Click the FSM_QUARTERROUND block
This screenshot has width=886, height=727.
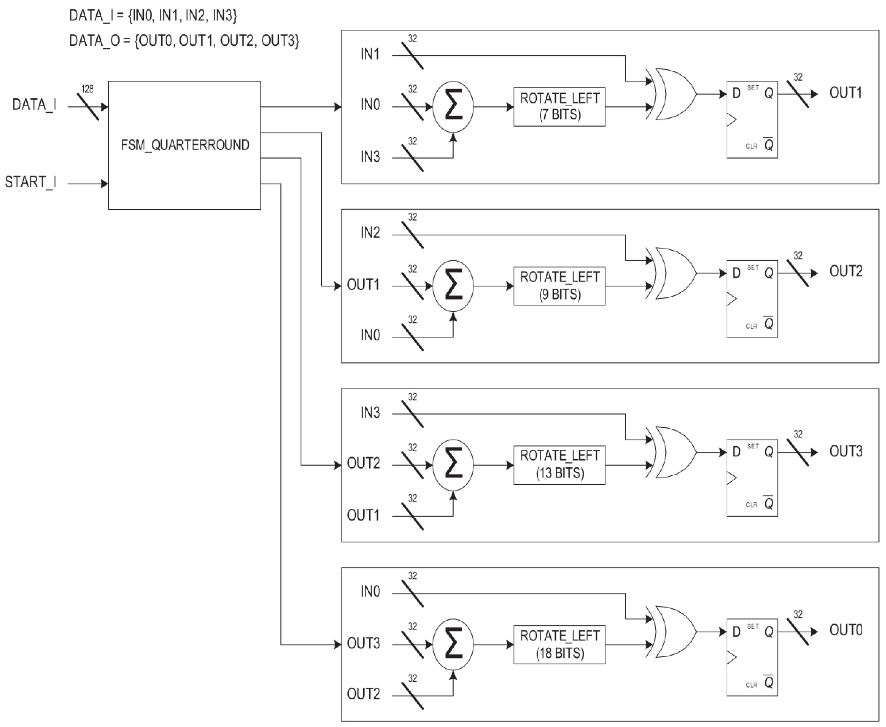(x=184, y=145)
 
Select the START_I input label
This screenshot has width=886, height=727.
(x=30, y=182)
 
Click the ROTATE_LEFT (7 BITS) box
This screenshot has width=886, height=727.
(x=559, y=107)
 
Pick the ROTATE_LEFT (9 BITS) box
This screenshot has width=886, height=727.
(x=559, y=286)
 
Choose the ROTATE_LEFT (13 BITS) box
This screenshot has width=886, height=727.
(x=559, y=465)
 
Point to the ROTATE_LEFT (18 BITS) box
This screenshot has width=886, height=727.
(x=559, y=645)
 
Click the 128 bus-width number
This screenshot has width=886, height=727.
(x=87, y=89)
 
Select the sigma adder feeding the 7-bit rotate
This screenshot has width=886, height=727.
(x=453, y=107)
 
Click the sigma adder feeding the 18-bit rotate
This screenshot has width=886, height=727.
(x=453, y=645)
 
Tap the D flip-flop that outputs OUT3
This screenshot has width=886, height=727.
(x=752, y=477)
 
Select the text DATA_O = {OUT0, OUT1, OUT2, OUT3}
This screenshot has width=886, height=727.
(x=184, y=41)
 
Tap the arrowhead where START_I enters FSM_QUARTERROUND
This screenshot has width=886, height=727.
(x=104, y=184)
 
